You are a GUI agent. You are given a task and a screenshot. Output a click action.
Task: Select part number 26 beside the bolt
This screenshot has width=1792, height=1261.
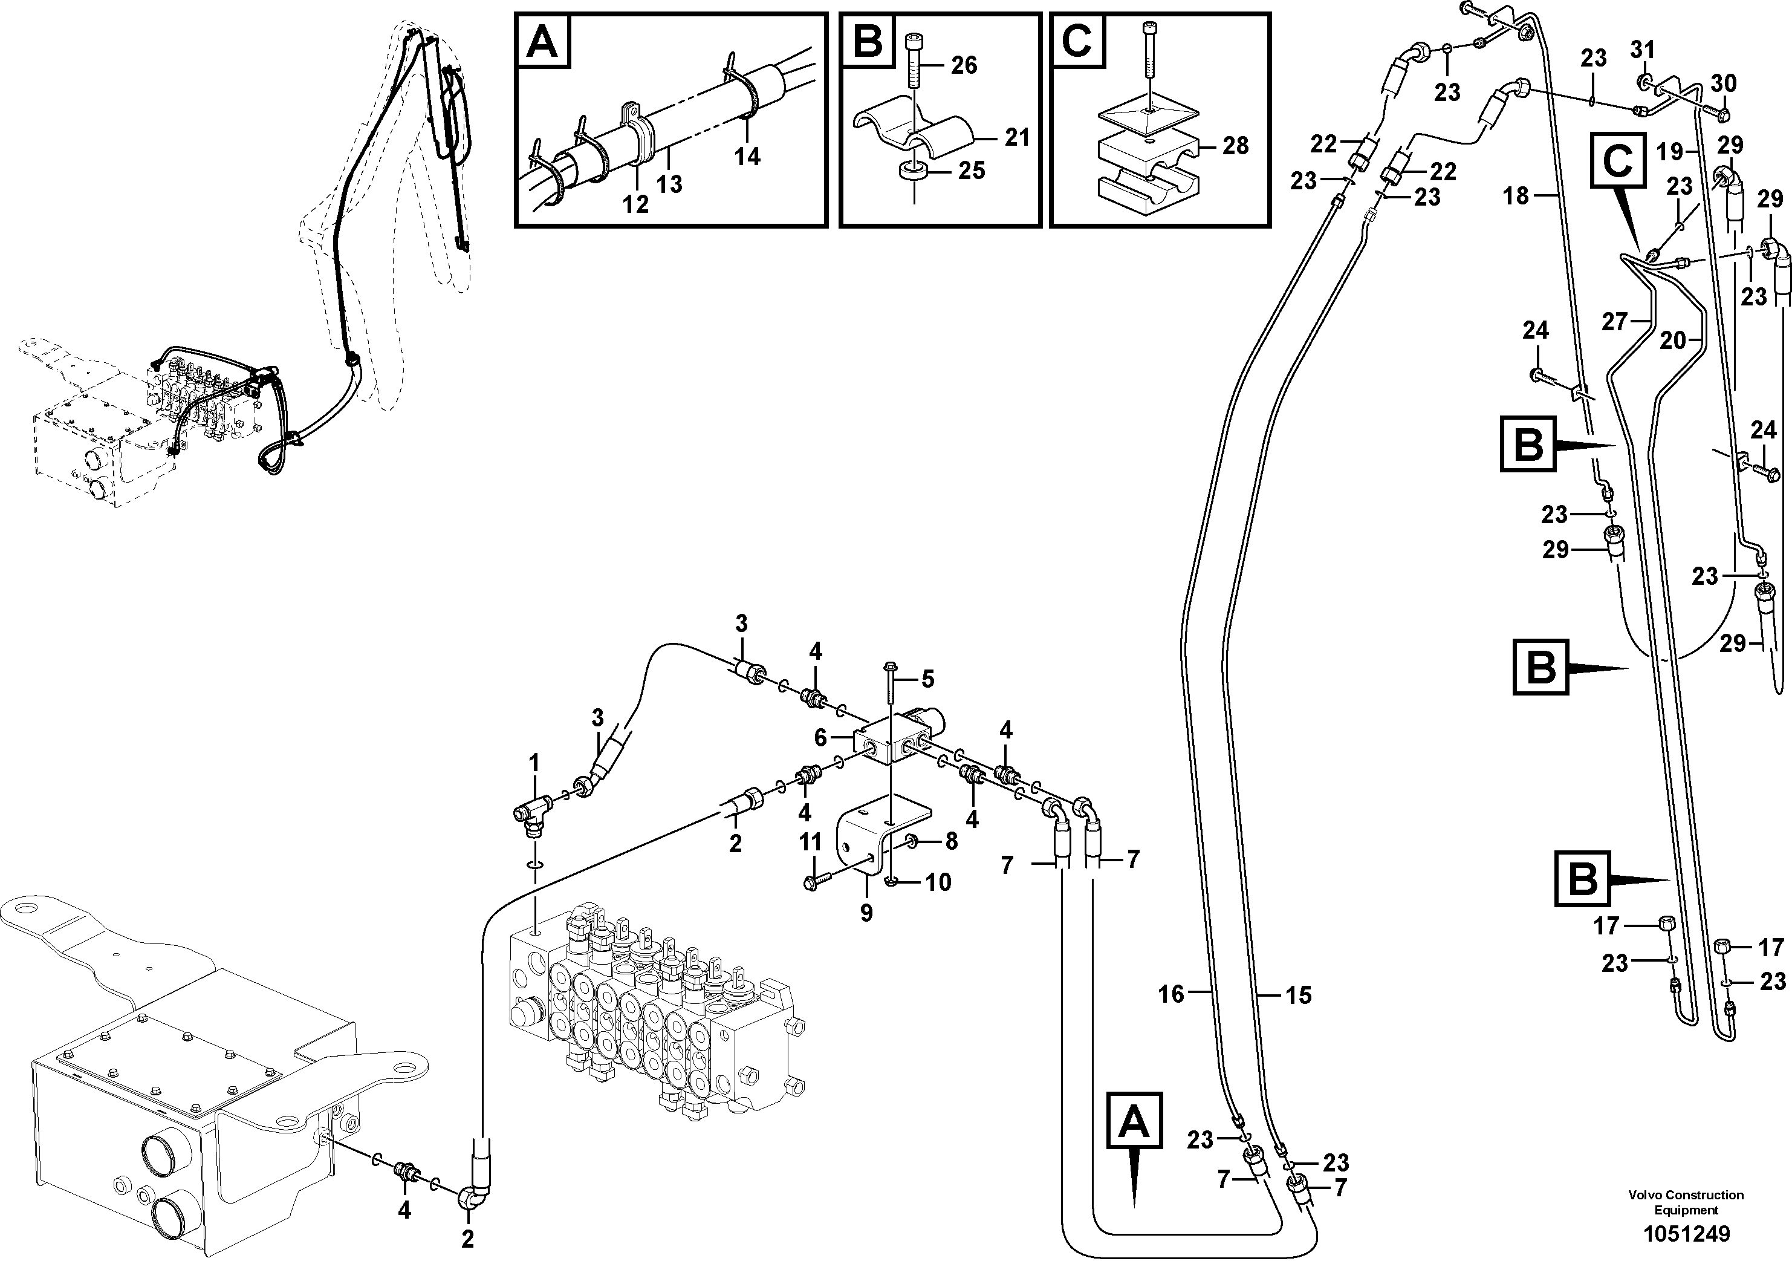[964, 65]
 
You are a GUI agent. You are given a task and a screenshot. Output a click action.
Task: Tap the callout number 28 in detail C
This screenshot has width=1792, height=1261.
[1236, 145]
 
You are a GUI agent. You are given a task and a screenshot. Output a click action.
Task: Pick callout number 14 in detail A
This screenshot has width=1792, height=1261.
[747, 157]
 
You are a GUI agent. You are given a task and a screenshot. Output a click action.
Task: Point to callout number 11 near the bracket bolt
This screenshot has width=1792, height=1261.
[810, 842]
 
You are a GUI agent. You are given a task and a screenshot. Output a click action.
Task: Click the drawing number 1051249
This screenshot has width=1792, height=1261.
[1686, 1234]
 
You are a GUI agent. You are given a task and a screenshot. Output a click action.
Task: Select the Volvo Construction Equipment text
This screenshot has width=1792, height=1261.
[1686, 1202]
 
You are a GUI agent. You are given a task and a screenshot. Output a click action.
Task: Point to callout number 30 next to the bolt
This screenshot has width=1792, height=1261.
[1724, 83]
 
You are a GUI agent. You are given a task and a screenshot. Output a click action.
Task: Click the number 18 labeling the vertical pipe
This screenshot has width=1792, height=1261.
[1516, 196]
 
